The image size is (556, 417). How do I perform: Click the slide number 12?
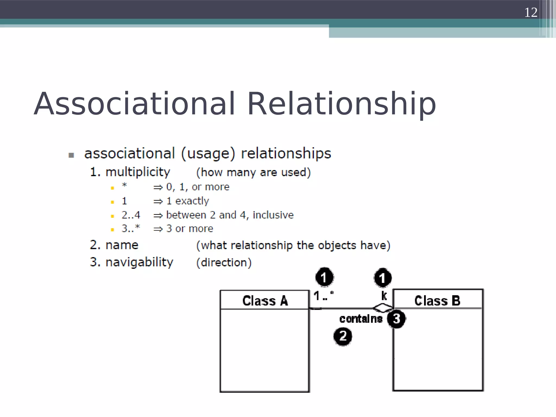pos(530,12)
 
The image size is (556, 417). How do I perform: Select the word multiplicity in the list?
pos(138,172)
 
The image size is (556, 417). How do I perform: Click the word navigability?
pos(139,262)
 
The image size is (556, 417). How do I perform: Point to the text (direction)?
pos(224,263)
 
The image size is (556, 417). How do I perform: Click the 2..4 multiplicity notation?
pos(131,215)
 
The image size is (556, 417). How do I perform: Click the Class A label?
pos(265,301)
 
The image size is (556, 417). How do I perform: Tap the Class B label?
pos(437,301)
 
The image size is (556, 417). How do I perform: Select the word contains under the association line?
pos(361,319)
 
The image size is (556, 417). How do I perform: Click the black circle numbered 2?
pos(343,337)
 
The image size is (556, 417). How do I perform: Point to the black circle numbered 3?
pos(396,319)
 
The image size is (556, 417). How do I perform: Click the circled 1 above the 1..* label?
pos(324,277)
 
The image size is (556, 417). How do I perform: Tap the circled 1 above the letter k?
pos(383,278)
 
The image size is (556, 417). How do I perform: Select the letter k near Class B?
pos(384,296)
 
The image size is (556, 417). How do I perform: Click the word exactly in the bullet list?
pos(192,201)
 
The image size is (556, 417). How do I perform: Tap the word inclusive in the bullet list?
pos(273,215)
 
